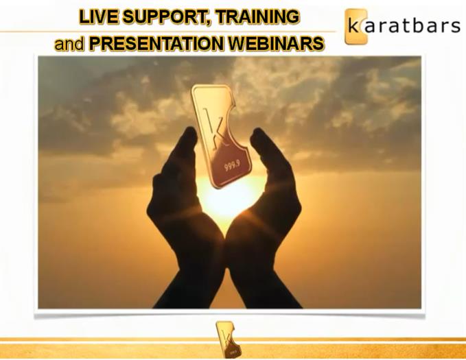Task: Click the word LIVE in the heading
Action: click(x=98, y=16)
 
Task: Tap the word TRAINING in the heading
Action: click(x=257, y=16)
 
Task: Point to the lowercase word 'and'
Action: click(x=69, y=44)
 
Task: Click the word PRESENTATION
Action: click(x=156, y=44)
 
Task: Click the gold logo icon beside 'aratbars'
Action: click(x=356, y=27)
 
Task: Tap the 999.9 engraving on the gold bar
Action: click(x=232, y=165)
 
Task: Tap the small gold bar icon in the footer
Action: click(x=229, y=339)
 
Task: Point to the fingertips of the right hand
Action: click(x=258, y=134)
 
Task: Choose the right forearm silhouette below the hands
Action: click(x=261, y=285)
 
